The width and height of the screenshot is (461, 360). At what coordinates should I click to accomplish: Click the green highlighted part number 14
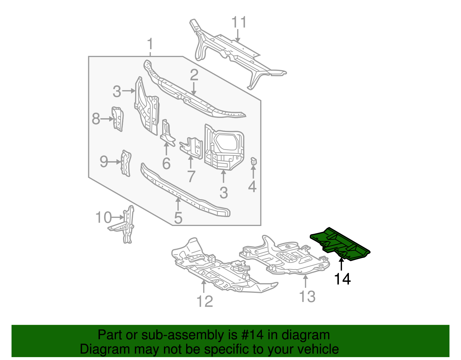coord(340,244)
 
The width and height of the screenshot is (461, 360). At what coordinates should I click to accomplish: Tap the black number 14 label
coord(342,279)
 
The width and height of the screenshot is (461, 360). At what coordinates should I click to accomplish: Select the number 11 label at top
coord(239,22)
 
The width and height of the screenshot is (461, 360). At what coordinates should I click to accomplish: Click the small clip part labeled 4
coord(253,162)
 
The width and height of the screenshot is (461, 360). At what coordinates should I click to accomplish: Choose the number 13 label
coord(307,297)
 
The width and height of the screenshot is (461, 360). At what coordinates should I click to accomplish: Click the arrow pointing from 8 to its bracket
coord(107,119)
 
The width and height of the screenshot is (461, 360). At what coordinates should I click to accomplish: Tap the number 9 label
coord(104,162)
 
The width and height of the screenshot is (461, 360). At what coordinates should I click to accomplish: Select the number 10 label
coord(103,218)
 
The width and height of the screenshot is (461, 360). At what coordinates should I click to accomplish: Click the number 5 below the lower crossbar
coord(178,218)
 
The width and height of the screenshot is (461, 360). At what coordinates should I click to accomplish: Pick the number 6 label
coord(166,164)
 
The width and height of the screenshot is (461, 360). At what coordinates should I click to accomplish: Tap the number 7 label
coord(191,176)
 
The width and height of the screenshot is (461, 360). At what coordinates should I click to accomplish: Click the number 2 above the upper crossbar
coord(194,75)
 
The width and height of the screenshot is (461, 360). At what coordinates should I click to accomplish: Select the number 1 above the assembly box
coord(150,45)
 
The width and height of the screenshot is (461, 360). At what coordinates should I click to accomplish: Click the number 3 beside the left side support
coord(117,92)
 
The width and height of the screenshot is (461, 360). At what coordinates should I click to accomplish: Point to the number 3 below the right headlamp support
coord(224,193)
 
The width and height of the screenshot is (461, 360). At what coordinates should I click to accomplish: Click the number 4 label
coord(252,187)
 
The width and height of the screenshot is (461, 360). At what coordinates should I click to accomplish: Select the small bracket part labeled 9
coord(126,163)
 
